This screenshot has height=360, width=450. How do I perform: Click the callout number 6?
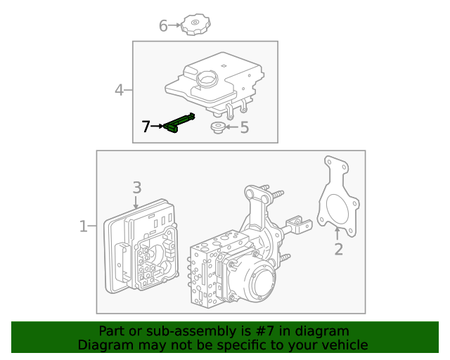[163, 26]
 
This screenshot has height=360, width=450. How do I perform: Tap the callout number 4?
[120, 90]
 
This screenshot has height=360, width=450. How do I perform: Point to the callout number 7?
[146, 127]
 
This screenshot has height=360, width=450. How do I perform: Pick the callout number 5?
[244, 127]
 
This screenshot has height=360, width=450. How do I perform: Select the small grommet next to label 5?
[217, 127]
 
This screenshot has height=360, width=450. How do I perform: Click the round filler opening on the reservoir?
[207, 79]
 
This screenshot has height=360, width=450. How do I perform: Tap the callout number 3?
[137, 187]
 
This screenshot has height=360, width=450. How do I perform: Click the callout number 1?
[83, 226]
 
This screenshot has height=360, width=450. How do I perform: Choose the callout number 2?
[338, 249]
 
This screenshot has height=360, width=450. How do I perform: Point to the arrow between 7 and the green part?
[158, 127]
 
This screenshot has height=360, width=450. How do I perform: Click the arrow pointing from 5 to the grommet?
[231, 127]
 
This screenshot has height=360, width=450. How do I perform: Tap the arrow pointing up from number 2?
[338, 233]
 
